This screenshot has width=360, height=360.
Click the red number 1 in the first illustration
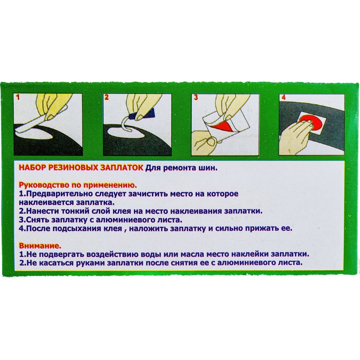[x=18, y=97]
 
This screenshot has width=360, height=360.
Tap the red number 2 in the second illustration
[x=106, y=97]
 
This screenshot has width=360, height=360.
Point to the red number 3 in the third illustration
[x=195, y=97]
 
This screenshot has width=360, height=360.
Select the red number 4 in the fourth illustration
[x=284, y=98]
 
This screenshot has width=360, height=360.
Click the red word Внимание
[x=40, y=246]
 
